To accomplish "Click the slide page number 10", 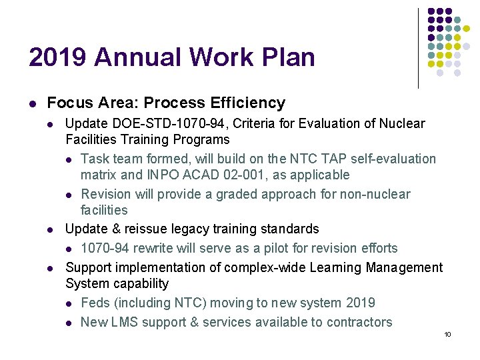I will (x=447, y=334).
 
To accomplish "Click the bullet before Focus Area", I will (x=32, y=103).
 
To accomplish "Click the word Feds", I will (x=95, y=303).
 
